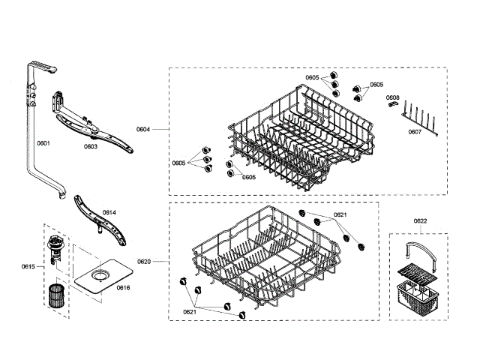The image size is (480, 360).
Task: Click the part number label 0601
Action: (43, 142)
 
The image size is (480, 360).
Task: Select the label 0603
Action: (90, 147)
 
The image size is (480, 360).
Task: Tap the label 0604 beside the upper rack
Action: (143, 129)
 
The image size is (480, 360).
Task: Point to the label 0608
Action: (393, 97)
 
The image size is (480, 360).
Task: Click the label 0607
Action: (415, 132)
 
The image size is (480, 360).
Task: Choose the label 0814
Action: (109, 213)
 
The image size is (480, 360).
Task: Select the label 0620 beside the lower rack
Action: (144, 261)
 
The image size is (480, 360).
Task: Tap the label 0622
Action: (421, 220)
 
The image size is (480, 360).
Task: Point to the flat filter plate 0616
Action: (100, 278)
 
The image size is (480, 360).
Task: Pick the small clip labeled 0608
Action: (391, 106)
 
